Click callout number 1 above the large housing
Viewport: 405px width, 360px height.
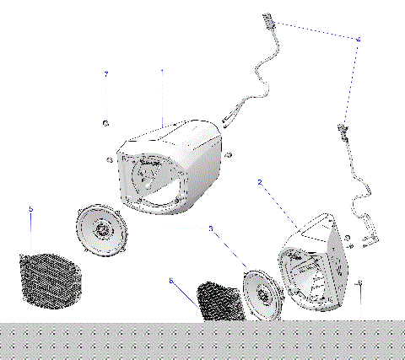coord(161,73)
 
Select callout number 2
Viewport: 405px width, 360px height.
coord(260,182)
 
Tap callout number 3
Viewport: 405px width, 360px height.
coord(211,228)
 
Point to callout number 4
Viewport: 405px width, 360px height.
coord(359,40)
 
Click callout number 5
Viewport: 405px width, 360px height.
coord(30,208)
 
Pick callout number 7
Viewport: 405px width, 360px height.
coord(106,75)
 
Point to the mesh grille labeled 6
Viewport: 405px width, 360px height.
coord(218,302)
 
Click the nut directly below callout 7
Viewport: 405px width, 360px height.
coord(106,124)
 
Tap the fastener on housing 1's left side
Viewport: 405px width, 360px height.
coord(111,159)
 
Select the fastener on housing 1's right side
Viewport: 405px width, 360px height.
coord(229,153)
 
